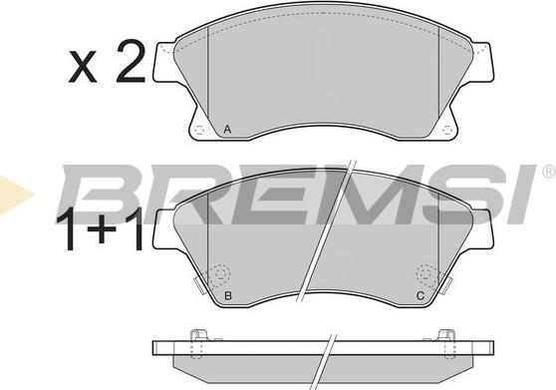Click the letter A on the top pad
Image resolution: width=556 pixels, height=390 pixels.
pos(227,130)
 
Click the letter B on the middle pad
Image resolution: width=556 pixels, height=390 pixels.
pos(228,295)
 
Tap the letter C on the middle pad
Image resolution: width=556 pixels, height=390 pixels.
pos(420,295)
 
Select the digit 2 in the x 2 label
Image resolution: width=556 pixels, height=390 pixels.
pos(131,62)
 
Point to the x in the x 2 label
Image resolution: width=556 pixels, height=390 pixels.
pos(83,67)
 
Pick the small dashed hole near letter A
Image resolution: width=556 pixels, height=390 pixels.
pos(199,131)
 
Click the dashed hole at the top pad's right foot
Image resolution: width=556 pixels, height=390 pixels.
pos(447,131)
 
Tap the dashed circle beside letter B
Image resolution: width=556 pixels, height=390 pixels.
pos(219,275)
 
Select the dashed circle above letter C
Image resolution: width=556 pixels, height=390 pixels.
pos(426,275)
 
